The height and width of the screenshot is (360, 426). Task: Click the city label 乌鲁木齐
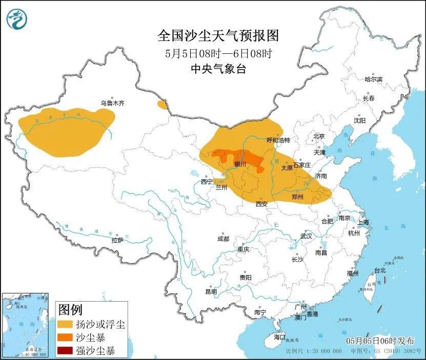click(112, 103)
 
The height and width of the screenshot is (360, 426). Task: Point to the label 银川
click(240, 164)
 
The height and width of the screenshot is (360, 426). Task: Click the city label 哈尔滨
click(373, 79)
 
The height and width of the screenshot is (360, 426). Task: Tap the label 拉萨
click(117, 240)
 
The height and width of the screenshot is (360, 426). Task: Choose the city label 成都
click(223, 239)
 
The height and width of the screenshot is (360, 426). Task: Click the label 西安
click(261, 203)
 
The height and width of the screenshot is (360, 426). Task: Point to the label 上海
click(363, 223)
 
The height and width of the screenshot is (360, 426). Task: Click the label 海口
click(279, 337)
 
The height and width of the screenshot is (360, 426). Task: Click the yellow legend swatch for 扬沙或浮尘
click(66, 325)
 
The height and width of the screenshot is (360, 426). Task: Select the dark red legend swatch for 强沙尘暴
click(66, 351)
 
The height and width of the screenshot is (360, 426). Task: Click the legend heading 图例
click(70, 309)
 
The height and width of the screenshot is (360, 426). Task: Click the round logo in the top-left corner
click(16, 19)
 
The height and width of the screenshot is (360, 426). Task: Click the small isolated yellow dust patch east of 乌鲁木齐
click(163, 105)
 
